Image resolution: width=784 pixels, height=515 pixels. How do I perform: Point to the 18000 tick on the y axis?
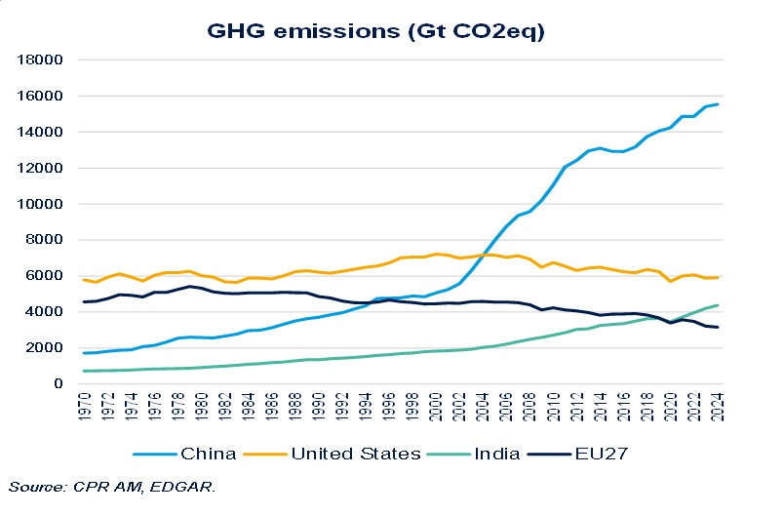42,59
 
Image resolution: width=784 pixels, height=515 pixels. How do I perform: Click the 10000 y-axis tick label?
42,204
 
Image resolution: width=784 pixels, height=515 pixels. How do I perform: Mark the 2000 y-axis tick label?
46,347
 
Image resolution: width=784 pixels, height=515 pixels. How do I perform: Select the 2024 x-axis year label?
718,408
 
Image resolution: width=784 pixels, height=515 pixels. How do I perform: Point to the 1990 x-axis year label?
321,408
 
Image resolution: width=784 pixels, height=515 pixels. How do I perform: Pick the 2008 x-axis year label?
531,408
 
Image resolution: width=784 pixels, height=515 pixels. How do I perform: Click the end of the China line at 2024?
718,104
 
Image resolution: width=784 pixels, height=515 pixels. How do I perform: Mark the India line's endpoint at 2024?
718,305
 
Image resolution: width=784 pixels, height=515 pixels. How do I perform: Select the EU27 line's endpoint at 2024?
718,327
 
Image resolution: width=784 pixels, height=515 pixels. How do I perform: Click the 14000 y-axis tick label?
42,132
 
